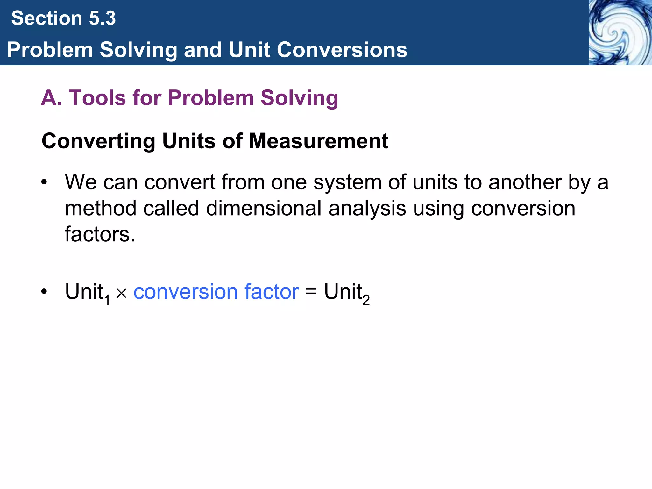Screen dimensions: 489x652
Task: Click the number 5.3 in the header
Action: coord(102,18)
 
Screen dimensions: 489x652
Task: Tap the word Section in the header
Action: coord(47,18)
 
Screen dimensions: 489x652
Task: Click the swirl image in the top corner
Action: coord(620,32)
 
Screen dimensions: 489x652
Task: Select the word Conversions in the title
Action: coord(342,50)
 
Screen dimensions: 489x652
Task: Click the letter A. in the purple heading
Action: coord(51,98)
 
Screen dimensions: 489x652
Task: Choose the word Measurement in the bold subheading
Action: coord(318,141)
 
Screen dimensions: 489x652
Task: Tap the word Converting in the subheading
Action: coord(98,141)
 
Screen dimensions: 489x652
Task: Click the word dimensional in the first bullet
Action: coord(264,209)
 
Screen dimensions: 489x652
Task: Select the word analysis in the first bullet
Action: coord(367,209)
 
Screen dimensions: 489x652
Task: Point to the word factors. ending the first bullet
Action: coord(100,235)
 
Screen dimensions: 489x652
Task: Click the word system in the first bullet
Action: coord(347,182)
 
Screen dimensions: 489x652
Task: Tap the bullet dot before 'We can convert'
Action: coord(44,183)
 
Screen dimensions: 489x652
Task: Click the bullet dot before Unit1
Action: coord(44,292)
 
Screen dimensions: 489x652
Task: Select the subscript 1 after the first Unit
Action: coord(108,300)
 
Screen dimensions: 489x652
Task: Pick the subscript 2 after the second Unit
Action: coord(366,300)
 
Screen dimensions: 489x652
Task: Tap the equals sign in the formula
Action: coord(311,292)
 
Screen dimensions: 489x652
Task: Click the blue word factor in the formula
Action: coord(272,292)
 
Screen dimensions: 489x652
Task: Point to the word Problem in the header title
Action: coord(50,50)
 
